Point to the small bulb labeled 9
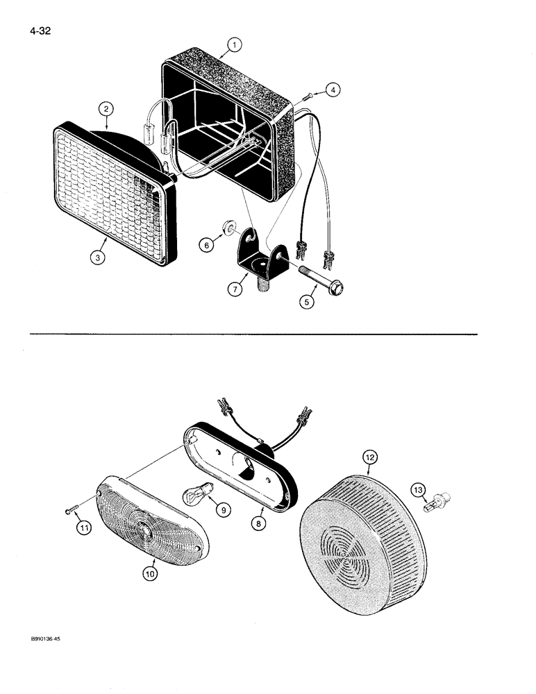(192, 496)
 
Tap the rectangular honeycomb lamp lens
(111, 194)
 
